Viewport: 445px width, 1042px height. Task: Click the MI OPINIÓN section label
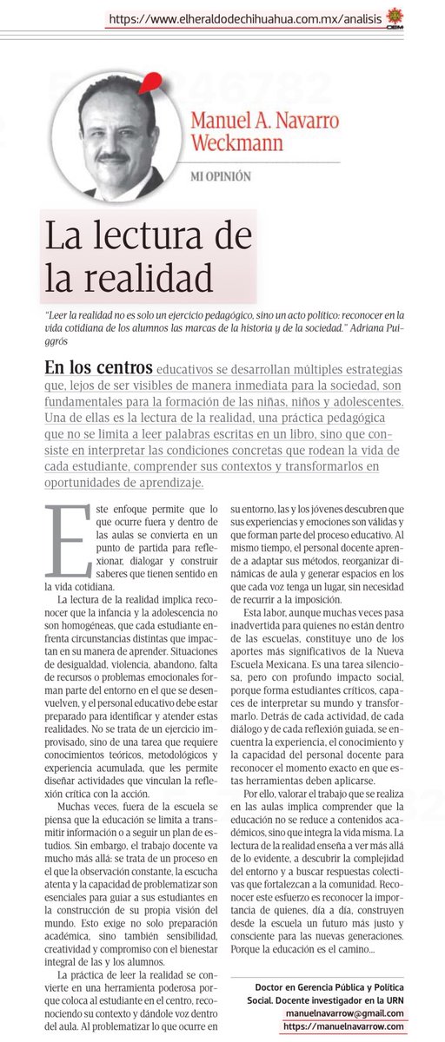(221, 176)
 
